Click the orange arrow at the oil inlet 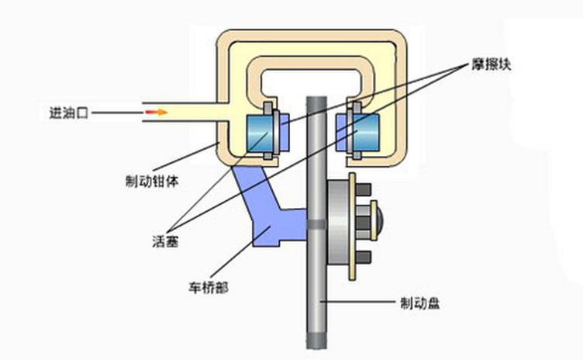tap(156, 112)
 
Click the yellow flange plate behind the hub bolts tap(353, 223)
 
